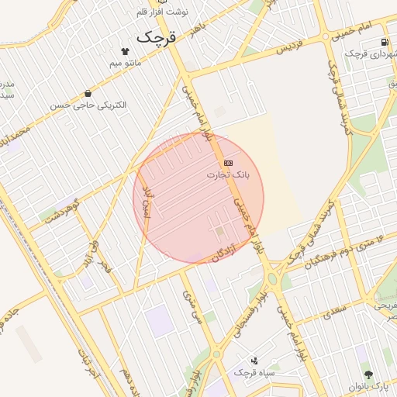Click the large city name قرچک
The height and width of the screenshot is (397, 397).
point(156,36)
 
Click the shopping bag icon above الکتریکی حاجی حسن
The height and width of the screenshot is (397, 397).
point(88,93)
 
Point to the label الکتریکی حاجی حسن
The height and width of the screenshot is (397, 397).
point(88,105)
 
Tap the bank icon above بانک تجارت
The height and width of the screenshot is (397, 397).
point(228,164)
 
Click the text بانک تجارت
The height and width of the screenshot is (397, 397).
point(228,175)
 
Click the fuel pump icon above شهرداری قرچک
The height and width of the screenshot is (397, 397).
point(385,42)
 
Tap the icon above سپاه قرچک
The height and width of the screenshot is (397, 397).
point(255,360)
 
